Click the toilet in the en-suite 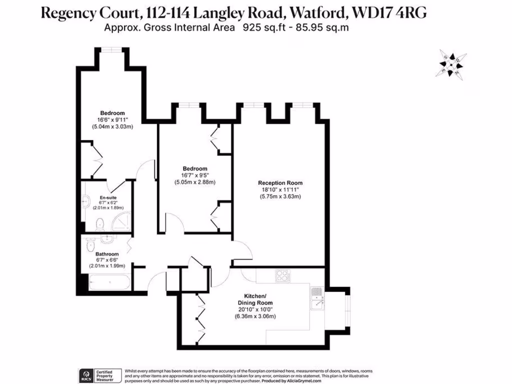(99, 223)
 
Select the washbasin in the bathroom (105, 238)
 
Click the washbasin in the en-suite (86, 201)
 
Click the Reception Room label (280, 182)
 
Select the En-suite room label (108, 197)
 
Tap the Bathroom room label (107, 254)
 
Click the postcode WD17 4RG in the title (399, 12)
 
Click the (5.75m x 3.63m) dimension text (280, 196)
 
